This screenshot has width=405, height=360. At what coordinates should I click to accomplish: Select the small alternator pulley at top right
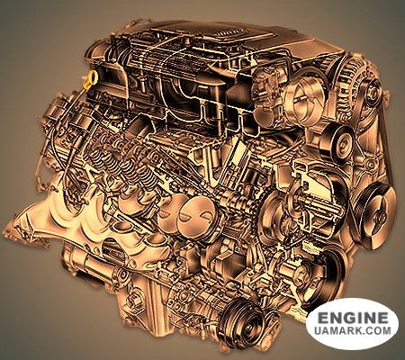point(372,90)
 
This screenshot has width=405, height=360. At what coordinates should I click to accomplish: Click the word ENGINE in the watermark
point(353,318)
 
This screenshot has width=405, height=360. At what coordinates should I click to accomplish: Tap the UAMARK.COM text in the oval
point(353,330)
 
